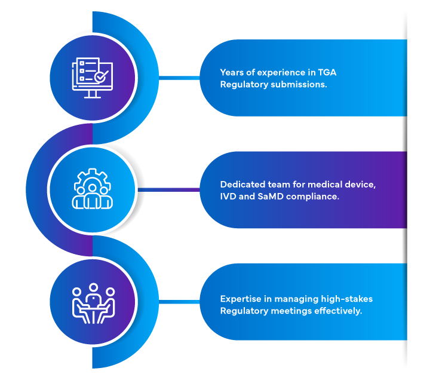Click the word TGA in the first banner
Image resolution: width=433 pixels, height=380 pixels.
[x=326, y=72]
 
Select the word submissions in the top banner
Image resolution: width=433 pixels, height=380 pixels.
[x=298, y=84]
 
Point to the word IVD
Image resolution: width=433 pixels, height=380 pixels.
[x=229, y=196]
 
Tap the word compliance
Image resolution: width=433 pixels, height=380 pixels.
[x=313, y=196]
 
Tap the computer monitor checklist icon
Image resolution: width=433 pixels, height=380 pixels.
[x=92, y=78]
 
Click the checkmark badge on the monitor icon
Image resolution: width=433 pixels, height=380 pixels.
[x=102, y=75]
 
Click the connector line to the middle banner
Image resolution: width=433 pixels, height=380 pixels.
[x=170, y=190]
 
